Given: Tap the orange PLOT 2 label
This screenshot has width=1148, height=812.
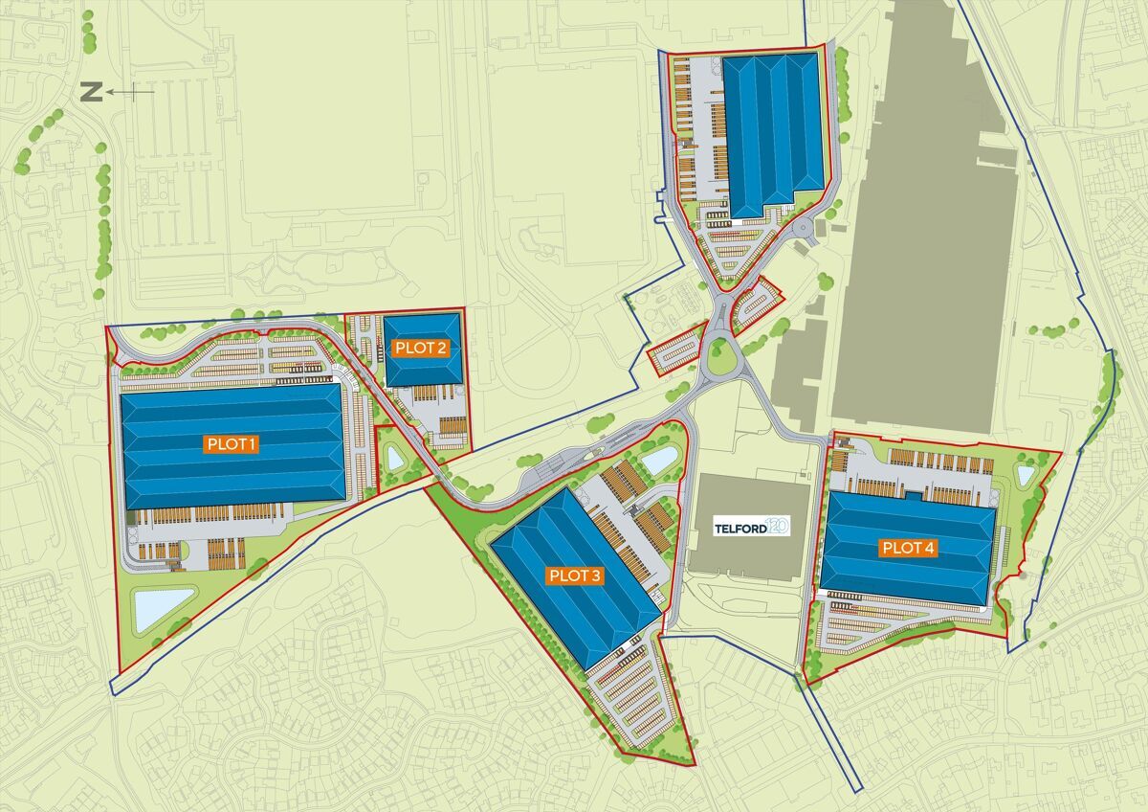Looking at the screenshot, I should click(421, 348).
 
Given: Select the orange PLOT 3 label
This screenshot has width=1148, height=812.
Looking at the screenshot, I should click(575, 575).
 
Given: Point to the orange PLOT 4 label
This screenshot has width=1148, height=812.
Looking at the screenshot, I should click(909, 549).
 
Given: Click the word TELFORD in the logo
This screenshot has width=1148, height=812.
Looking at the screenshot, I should click(740, 527).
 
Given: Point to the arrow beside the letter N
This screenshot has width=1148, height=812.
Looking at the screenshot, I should click(130, 92).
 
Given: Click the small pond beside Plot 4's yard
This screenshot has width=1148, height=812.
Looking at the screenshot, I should click(1026, 474).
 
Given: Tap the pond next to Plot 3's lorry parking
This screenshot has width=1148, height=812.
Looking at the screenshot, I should click(658, 462).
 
